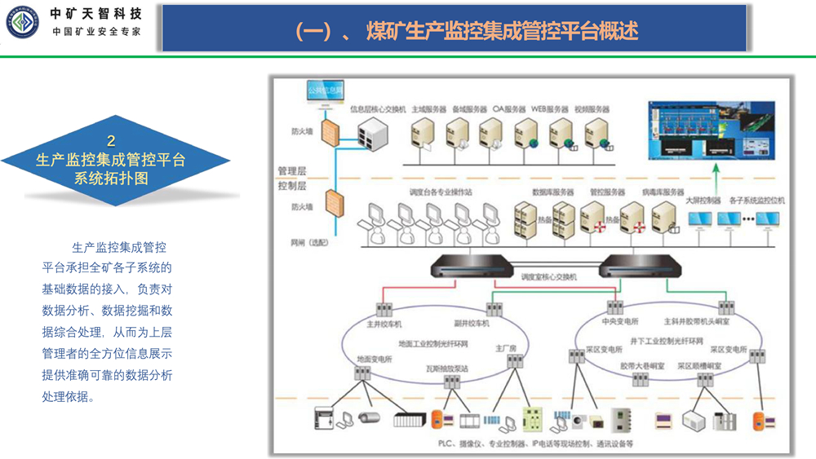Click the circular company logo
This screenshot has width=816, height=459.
click(x=20, y=22)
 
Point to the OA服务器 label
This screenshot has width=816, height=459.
click(x=511, y=108)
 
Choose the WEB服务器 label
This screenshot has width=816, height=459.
click(x=550, y=108)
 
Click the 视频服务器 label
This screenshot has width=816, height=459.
click(x=592, y=108)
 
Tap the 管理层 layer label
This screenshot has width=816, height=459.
click(x=291, y=171)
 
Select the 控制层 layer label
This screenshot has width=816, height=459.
click(x=291, y=185)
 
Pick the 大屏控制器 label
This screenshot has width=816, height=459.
click(x=702, y=200)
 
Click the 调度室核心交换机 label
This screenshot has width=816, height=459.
click(x=549, y=277)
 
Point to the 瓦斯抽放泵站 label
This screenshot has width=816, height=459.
click(x=449, y=369)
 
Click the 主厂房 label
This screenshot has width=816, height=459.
click(x=507, y=348)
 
